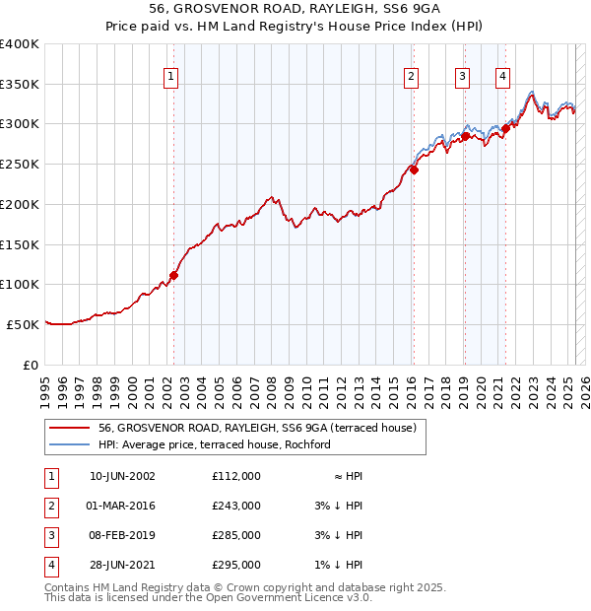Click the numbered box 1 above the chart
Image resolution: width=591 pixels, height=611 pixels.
click(x=171, y=76)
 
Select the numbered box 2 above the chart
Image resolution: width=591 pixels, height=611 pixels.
click(x=411, y=76)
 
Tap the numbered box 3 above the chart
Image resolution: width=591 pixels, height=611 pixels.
click(x=463, y=76)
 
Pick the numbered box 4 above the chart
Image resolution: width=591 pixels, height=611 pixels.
click(x=502, y=76)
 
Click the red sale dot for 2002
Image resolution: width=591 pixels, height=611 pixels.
click(x=174, y=275)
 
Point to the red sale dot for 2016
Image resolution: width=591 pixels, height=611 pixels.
click(x=415, y=170)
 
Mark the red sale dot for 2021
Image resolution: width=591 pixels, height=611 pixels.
click(x=505, y=127)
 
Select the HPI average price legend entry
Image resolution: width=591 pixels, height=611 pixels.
click(x=215, y=444)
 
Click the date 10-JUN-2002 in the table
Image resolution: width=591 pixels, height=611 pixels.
click(x=122, y=476)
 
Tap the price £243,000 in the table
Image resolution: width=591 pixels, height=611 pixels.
click(x=235, y=506)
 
